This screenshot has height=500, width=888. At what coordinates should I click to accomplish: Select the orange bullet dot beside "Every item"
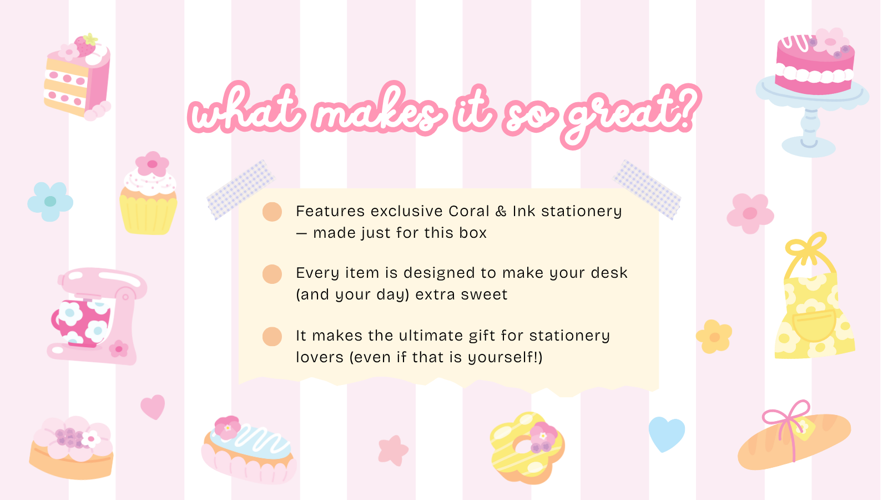tap(272, 274)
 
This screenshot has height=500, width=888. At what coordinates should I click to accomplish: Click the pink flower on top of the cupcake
tap(152, 163)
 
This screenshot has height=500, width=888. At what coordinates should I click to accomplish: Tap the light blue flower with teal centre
tap(51, 202)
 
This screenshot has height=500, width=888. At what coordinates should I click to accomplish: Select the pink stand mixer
tap(97, 316)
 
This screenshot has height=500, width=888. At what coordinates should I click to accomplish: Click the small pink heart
tap(153, 407)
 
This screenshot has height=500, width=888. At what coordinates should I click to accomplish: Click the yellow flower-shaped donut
tap(527, 448)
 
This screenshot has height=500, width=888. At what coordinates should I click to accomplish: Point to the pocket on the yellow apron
tap(815, 326)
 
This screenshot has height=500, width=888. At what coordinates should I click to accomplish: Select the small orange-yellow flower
tap(714, 337)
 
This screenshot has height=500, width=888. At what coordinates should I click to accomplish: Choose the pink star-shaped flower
tap(393, 451)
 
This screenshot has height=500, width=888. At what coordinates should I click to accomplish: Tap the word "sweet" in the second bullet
tap(485, 295)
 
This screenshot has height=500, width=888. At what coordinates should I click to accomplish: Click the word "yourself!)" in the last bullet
tap(505, 358)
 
